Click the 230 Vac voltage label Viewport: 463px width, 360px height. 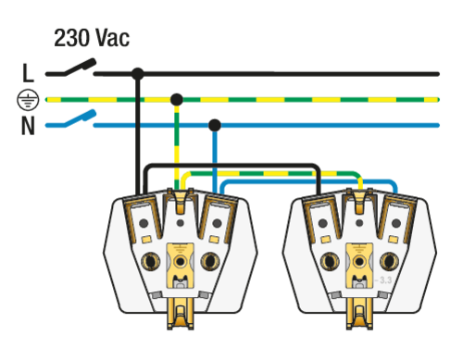(92, 38)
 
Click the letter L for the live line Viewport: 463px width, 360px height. (28, 73)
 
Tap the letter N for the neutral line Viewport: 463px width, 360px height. (28, 126)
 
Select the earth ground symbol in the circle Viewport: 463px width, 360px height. (28, 100)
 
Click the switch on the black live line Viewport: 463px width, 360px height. (79, 67)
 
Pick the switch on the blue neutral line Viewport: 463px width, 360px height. (79, 118)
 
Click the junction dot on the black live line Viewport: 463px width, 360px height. (138, 74)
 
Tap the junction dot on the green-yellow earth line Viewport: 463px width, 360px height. (177, 100)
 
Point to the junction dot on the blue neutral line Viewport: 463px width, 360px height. (215, 125)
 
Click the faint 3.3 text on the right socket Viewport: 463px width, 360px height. (383, 280)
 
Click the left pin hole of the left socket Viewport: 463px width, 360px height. (151, 261)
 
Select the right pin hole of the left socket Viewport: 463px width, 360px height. (210, 261)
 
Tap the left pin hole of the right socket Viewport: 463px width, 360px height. (330, 261)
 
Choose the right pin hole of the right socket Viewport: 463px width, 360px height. (389, 261)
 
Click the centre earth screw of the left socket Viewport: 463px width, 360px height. (180, 262)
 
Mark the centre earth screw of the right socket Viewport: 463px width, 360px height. (359, 262)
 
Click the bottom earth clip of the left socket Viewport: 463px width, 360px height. (181, 314)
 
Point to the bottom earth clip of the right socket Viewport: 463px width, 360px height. (359, 314)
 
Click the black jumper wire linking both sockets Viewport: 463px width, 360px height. (232, 166)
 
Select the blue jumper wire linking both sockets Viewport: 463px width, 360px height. (309, 181)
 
